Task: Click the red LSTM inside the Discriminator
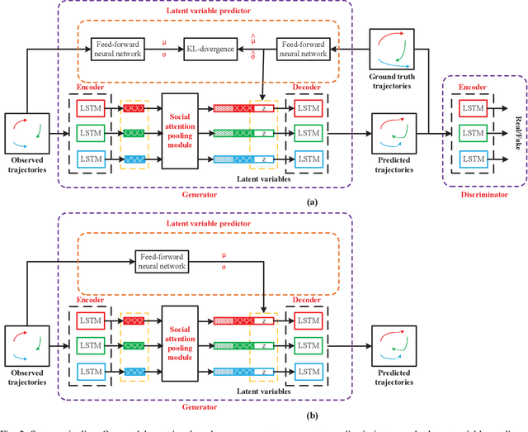click(x=473, y=108)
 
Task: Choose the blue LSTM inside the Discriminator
click(x=473, y=156)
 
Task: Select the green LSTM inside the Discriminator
click(x=473, y=132)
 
